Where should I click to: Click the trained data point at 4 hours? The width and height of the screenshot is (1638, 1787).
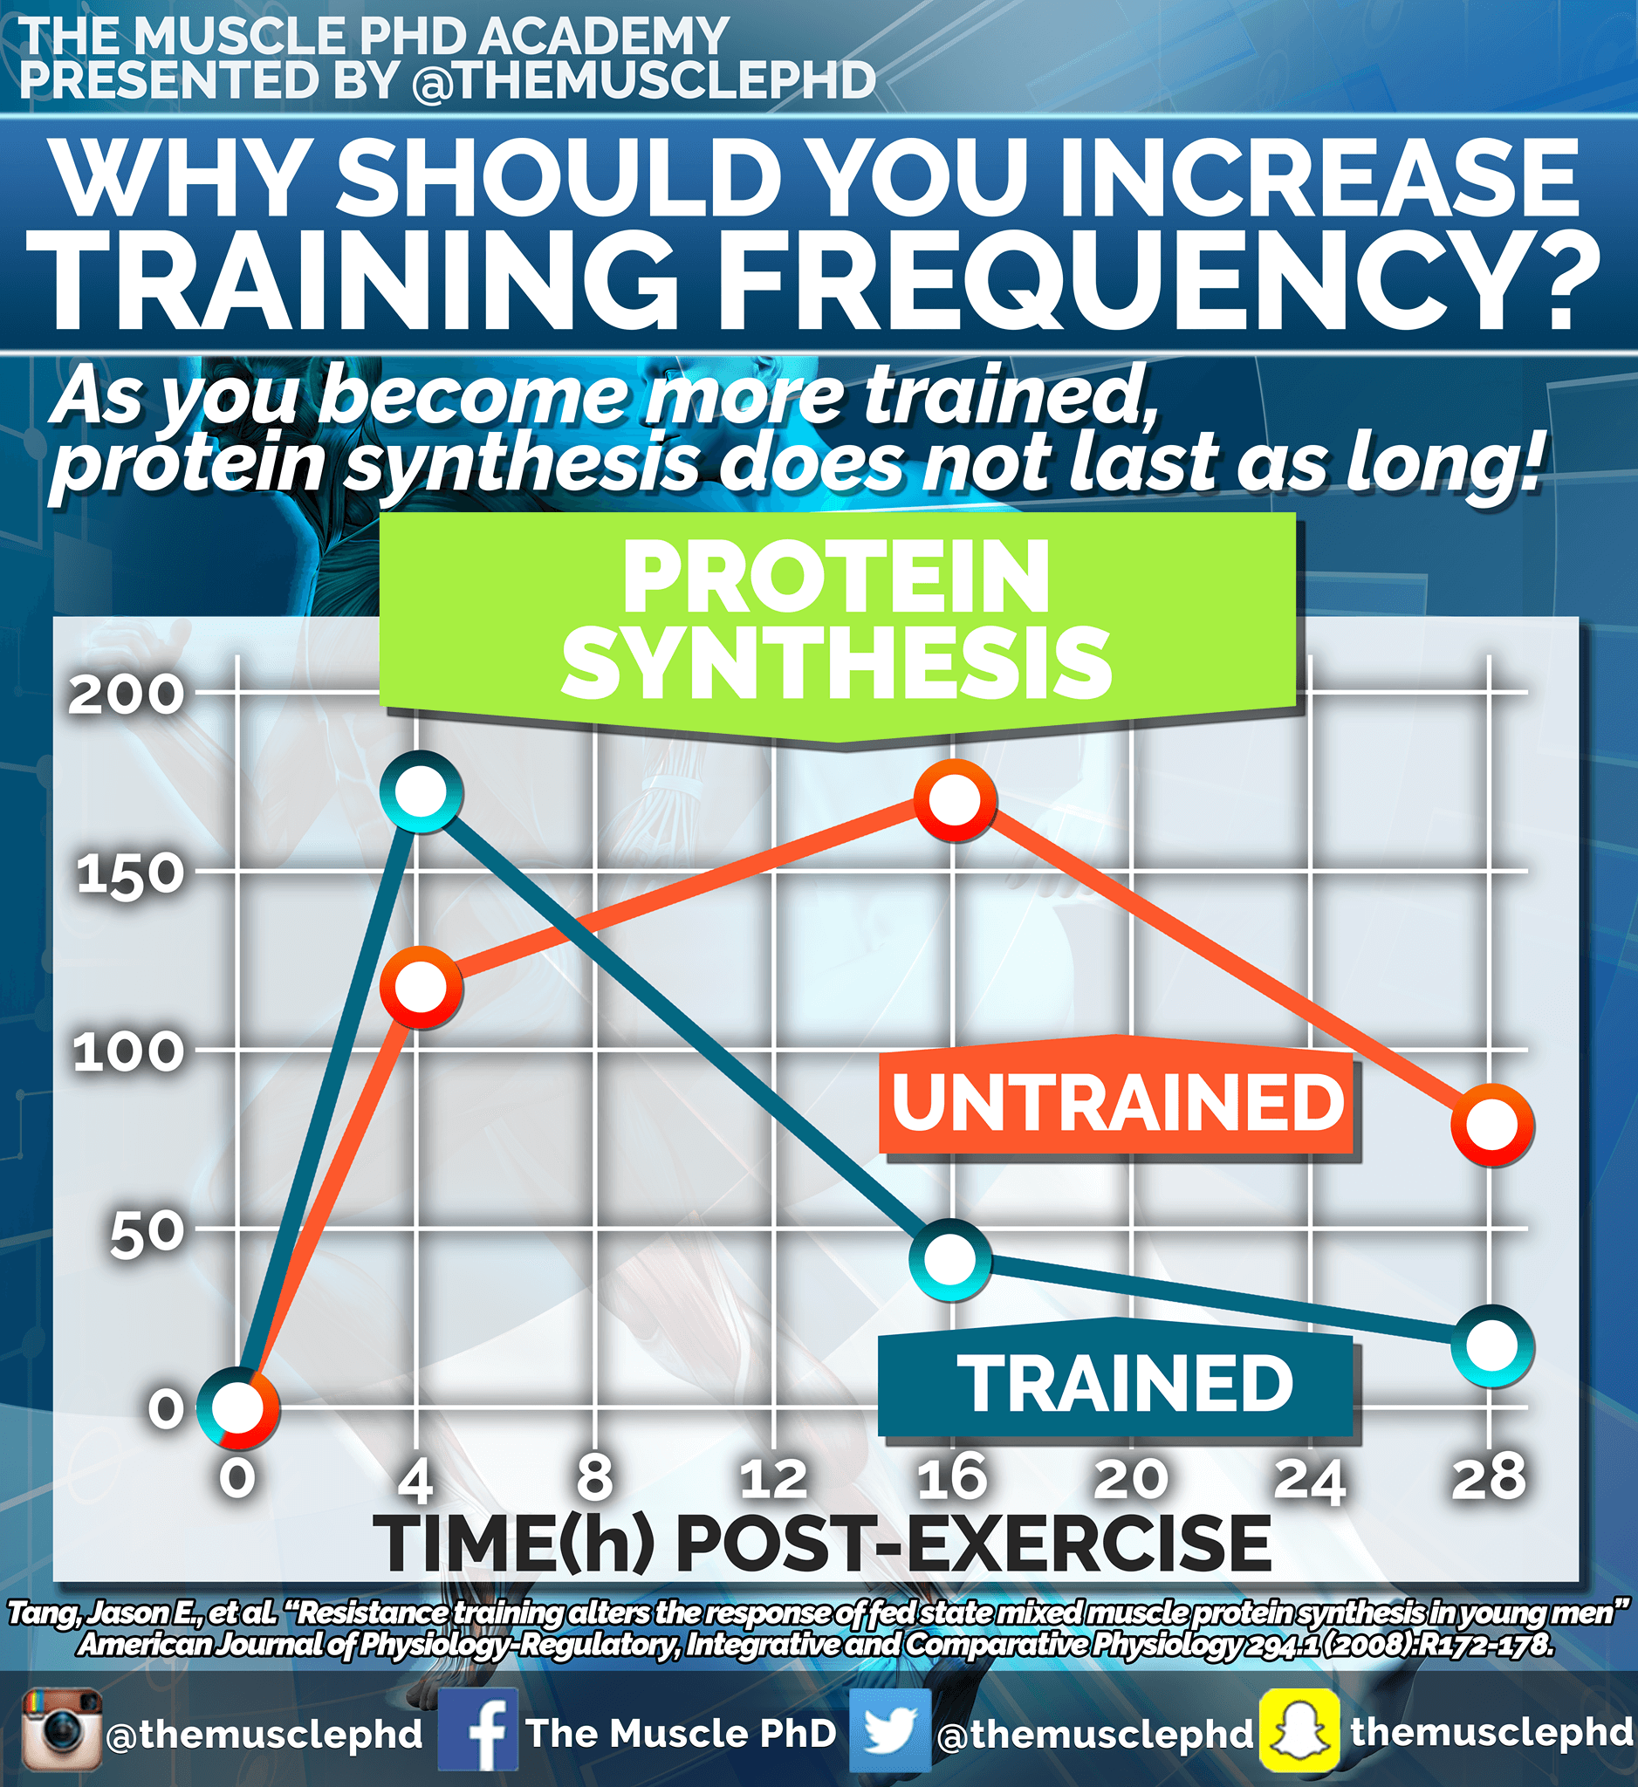point(421,791)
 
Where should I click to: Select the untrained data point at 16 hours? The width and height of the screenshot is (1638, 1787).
point(955,800)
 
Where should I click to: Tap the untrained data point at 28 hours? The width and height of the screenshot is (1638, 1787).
point(1491,1124)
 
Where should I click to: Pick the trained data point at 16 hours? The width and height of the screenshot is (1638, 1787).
point(950,1259)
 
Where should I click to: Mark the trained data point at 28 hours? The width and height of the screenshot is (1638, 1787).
point(1492,1345)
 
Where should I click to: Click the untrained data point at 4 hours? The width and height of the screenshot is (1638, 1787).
point(421,987)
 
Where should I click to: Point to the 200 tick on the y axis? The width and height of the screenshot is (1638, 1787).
point(126,694)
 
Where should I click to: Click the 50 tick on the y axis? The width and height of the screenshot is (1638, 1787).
point(147,1234)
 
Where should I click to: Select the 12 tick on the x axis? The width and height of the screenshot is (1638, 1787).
point(774,1477)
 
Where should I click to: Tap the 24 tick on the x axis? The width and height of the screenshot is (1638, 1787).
point(1310,1477)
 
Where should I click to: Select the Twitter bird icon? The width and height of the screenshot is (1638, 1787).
point(889,1731)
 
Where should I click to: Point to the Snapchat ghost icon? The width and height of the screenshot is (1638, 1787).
point(1299,1731)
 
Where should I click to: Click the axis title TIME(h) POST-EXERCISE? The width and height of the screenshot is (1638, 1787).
point(823,1544)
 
